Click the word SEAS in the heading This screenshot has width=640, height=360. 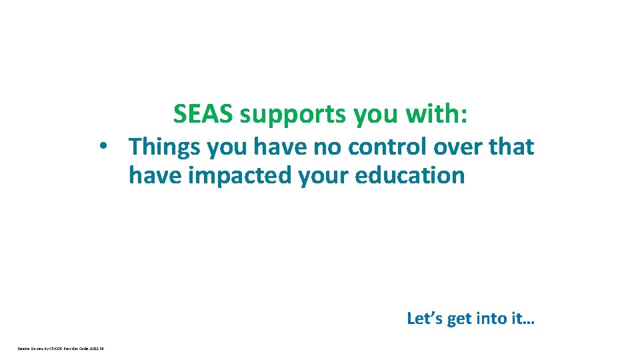203,114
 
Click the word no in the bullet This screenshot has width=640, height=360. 305,147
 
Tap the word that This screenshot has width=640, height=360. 511,147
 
